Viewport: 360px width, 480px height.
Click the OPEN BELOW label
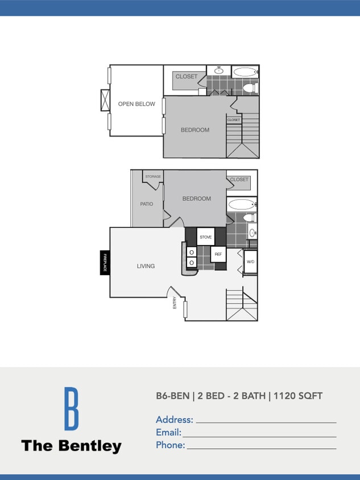point(136,104)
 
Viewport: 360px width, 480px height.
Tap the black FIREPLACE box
point(105,263)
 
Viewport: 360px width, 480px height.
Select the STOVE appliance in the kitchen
point(205,237)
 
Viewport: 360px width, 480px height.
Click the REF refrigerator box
point(218,254)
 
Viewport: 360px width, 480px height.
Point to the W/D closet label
point(250,262)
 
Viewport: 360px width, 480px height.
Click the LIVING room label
point(146,266)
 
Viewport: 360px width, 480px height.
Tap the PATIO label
point(147,204)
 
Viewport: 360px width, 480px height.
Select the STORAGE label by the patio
point(153,177)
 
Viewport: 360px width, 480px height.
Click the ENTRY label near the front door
point(175,304)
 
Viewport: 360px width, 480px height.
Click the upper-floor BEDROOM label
point(195,130)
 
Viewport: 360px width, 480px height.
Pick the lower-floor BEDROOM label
point(196,198)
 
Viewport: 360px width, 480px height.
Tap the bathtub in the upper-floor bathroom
point(245,72)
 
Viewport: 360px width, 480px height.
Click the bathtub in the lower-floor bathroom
point(241,204)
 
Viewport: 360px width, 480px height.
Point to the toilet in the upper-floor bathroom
point(249,88)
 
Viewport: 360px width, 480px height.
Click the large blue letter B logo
point(71,408)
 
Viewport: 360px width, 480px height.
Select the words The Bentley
point(71,446)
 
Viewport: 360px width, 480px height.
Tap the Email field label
point(168,433)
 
